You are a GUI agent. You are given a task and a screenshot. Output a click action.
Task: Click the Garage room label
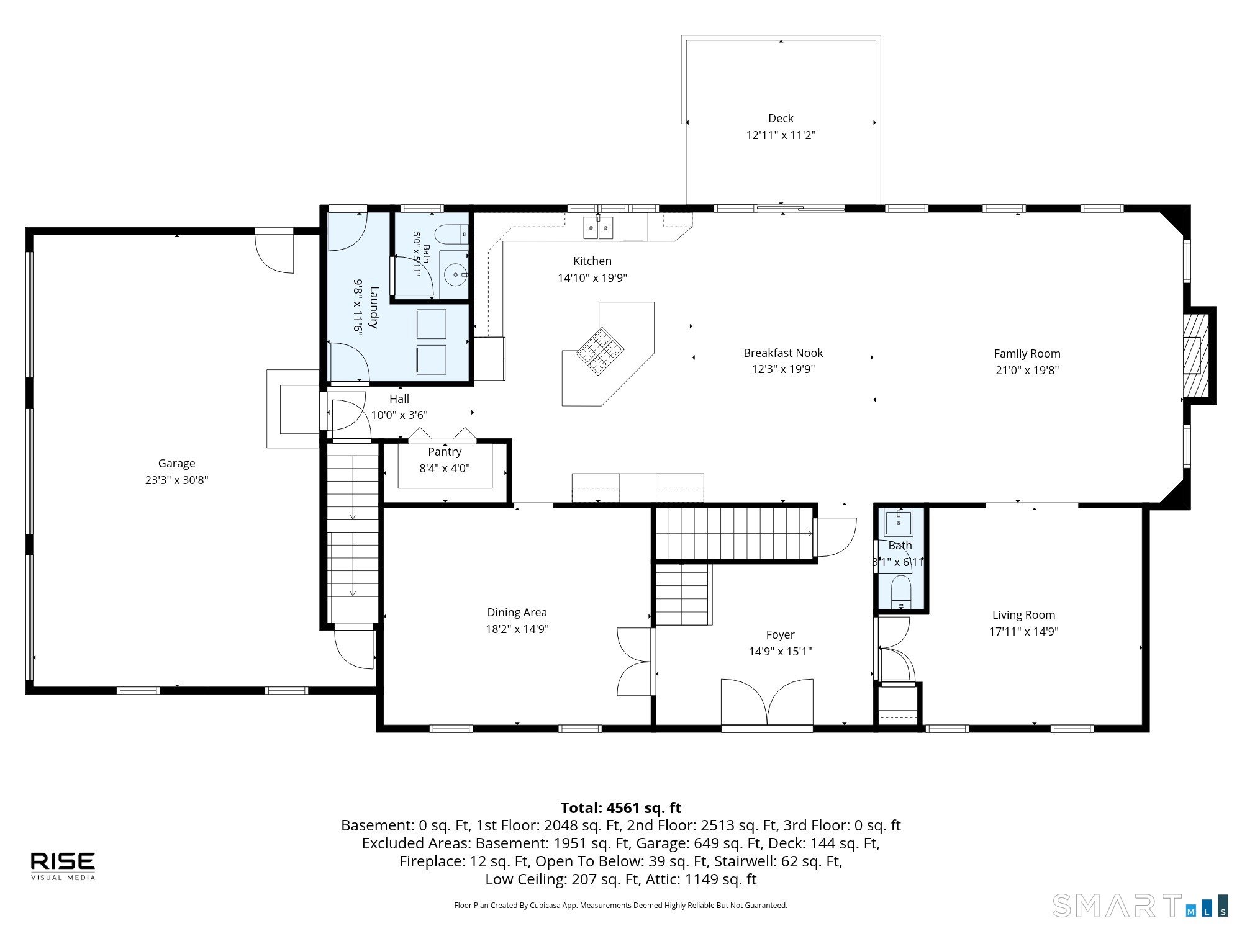tap(176, 464)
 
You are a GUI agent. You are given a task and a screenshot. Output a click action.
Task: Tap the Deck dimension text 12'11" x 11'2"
tap(781, 135)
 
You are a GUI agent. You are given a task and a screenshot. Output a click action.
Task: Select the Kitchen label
tap(592, 261)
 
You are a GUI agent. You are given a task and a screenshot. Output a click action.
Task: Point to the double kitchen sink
tap(598, 228)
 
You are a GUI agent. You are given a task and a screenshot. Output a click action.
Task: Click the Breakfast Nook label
tap(783, 353)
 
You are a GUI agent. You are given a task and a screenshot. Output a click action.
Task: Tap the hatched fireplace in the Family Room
tap(1196, 355)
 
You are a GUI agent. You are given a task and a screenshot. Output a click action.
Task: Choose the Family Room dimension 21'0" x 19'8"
tap(1027, 371)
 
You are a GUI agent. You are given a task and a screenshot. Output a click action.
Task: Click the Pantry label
tap(445, 452)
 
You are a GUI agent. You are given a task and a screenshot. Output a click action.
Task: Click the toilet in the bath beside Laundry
tap(451, 235)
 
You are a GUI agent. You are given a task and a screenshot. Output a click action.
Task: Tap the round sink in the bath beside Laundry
tap(456, 274)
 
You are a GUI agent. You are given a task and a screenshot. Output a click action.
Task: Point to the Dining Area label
tap(517, 613)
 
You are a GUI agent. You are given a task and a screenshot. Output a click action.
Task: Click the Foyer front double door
tap(767, 703)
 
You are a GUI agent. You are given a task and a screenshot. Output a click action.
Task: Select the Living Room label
tap(1023, 615)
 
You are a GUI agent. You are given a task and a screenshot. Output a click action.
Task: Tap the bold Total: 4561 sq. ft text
tap(621, 808)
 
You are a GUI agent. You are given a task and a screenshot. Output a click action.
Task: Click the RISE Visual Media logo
tap(63, 866)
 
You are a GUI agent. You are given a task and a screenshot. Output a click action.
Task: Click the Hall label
tap(399, 399)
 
